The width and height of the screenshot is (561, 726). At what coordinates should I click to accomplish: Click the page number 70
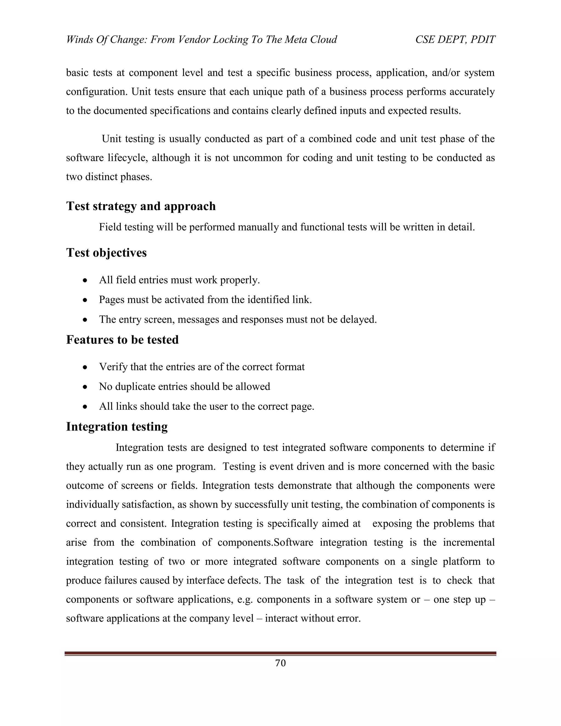280,663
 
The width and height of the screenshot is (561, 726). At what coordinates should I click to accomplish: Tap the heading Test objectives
106,253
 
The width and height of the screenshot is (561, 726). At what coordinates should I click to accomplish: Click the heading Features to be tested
122,340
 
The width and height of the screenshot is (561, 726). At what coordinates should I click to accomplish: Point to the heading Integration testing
117,427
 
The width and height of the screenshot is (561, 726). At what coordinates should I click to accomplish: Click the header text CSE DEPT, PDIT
455,39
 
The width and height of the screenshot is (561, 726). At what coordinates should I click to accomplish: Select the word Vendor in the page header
194,39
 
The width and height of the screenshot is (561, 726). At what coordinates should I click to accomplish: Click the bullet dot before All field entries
85,281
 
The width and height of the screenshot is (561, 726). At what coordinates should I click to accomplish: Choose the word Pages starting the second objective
112,300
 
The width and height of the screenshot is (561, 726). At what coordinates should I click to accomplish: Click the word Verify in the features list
113,367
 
